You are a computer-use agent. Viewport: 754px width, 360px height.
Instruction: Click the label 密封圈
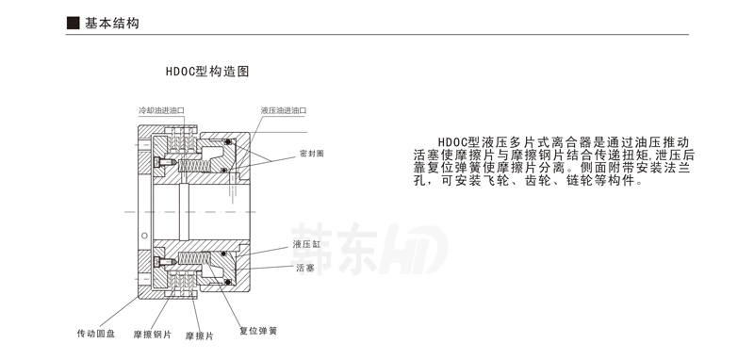(311, 153)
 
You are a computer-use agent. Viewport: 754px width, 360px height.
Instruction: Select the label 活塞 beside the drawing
(303, 269)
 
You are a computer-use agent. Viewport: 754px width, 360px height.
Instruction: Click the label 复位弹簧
(257, 330)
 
